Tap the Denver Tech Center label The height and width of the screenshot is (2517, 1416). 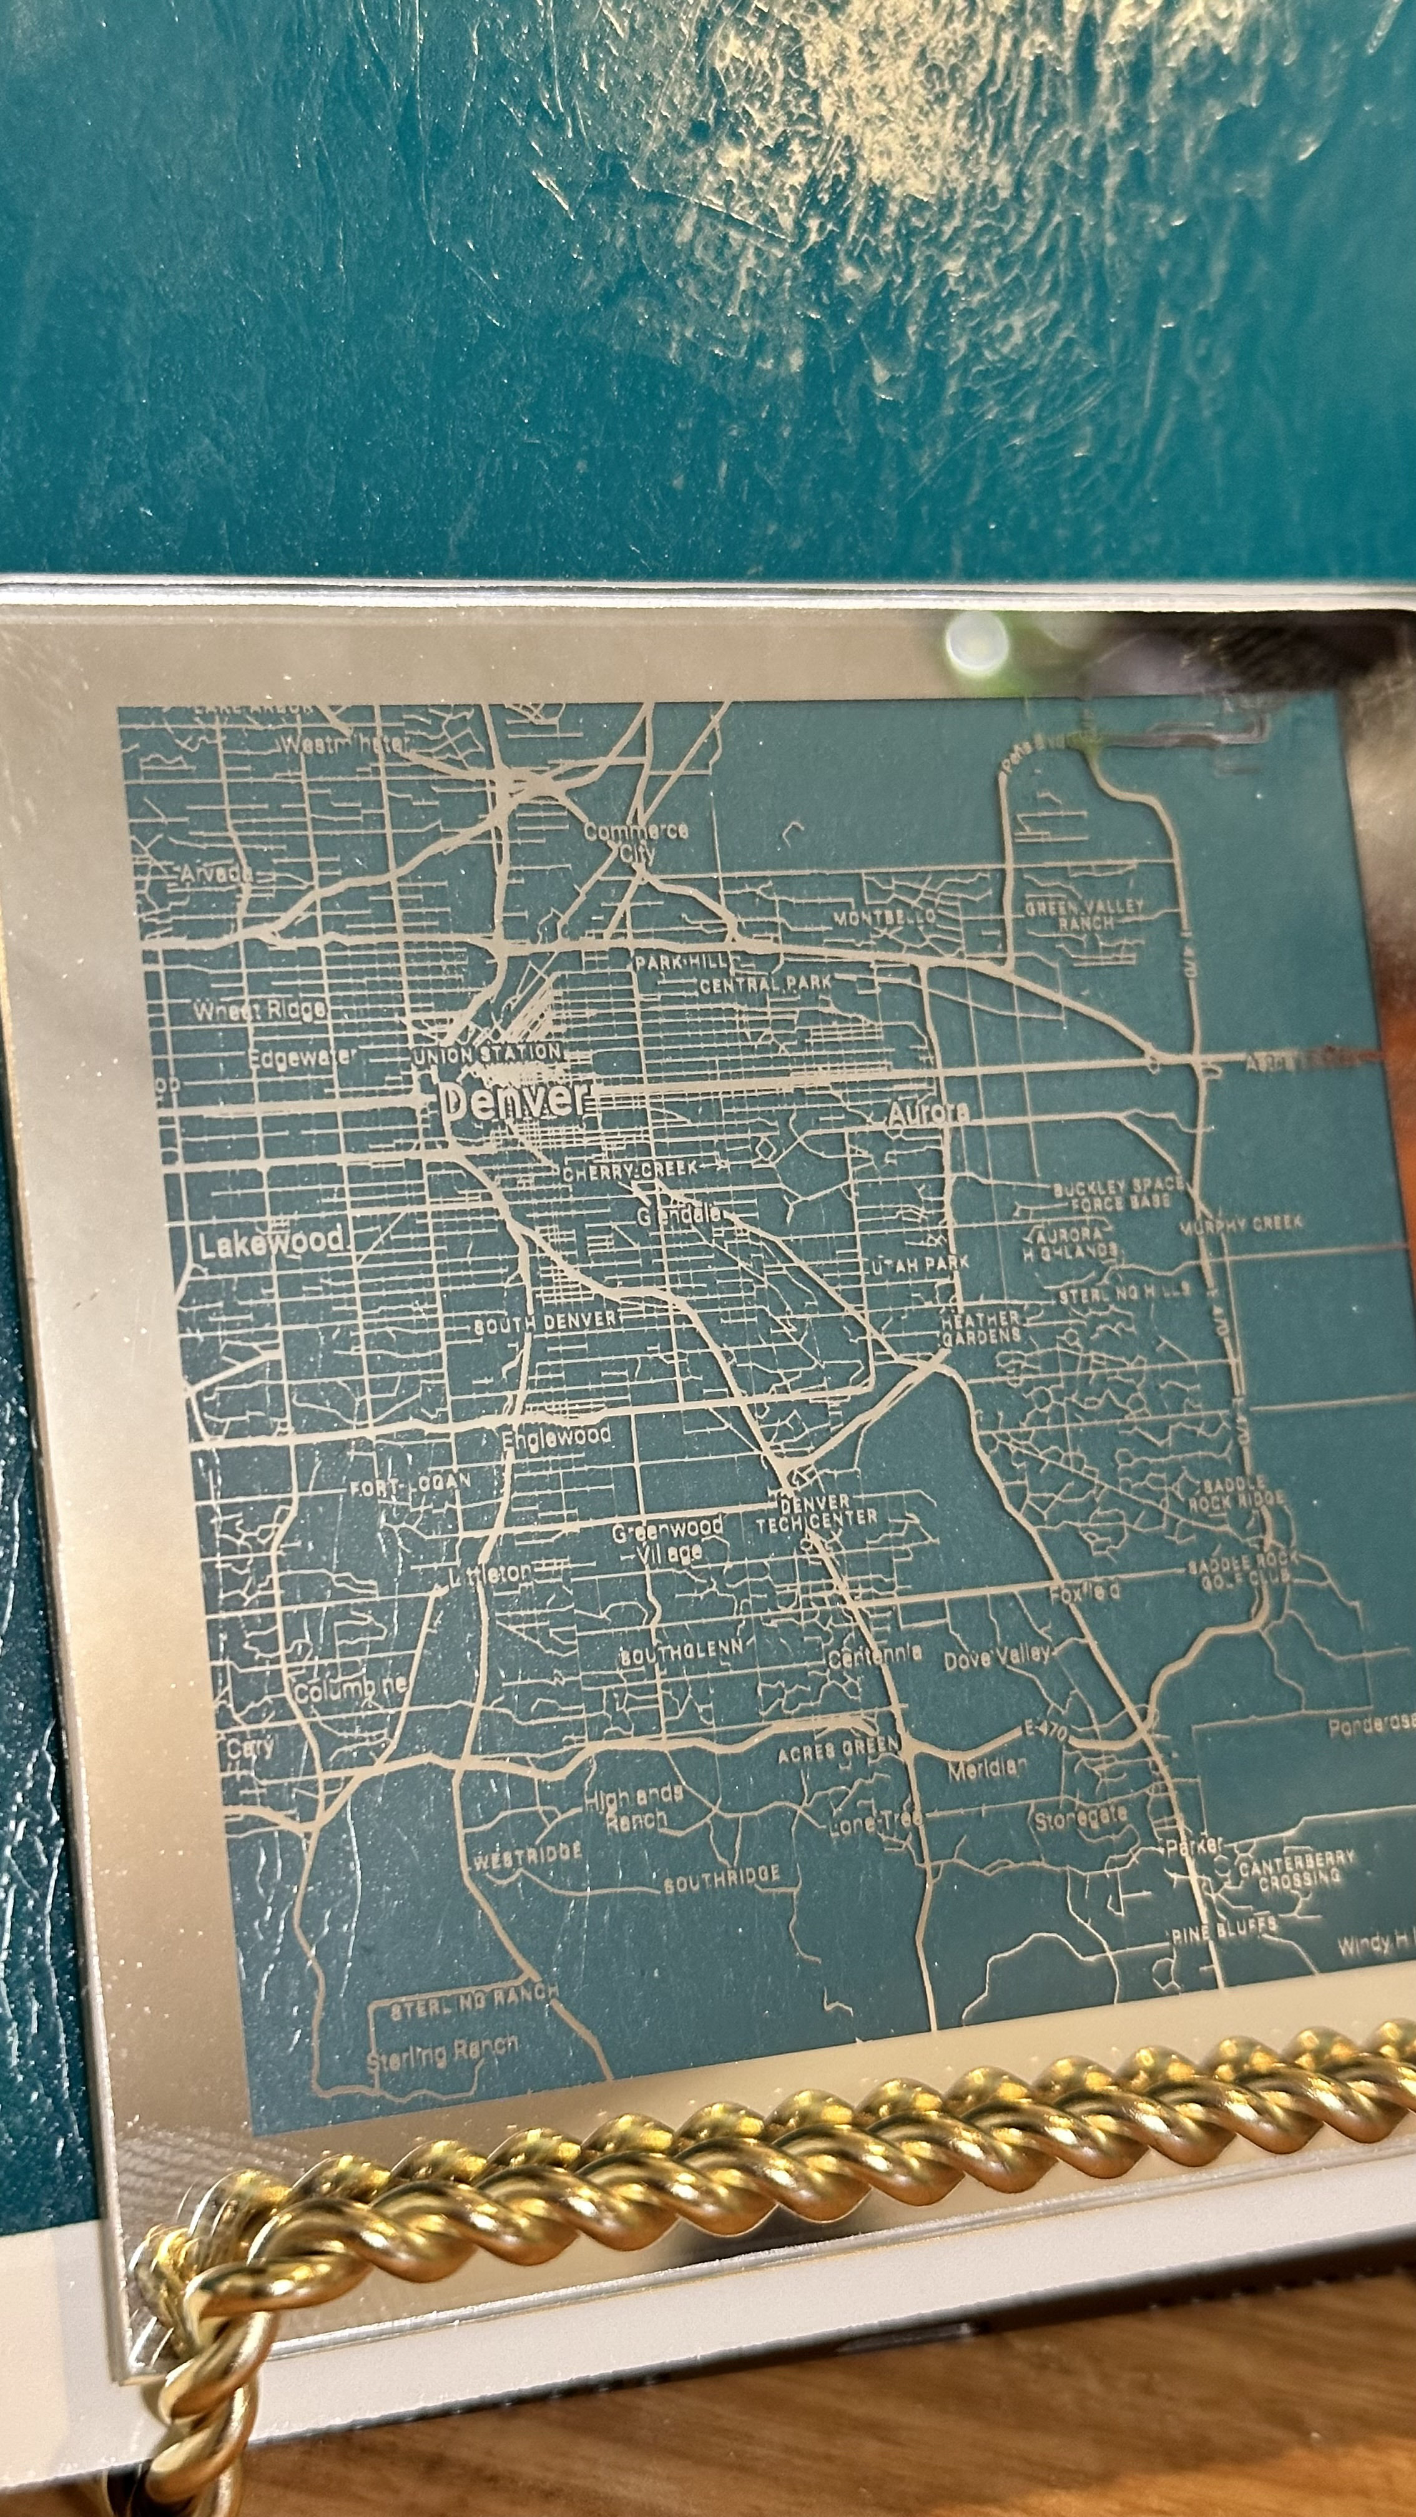click(817, 1509)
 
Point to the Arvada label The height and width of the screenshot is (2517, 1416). click(217, 873)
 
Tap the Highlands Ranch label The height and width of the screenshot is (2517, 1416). click(633, 1808)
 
